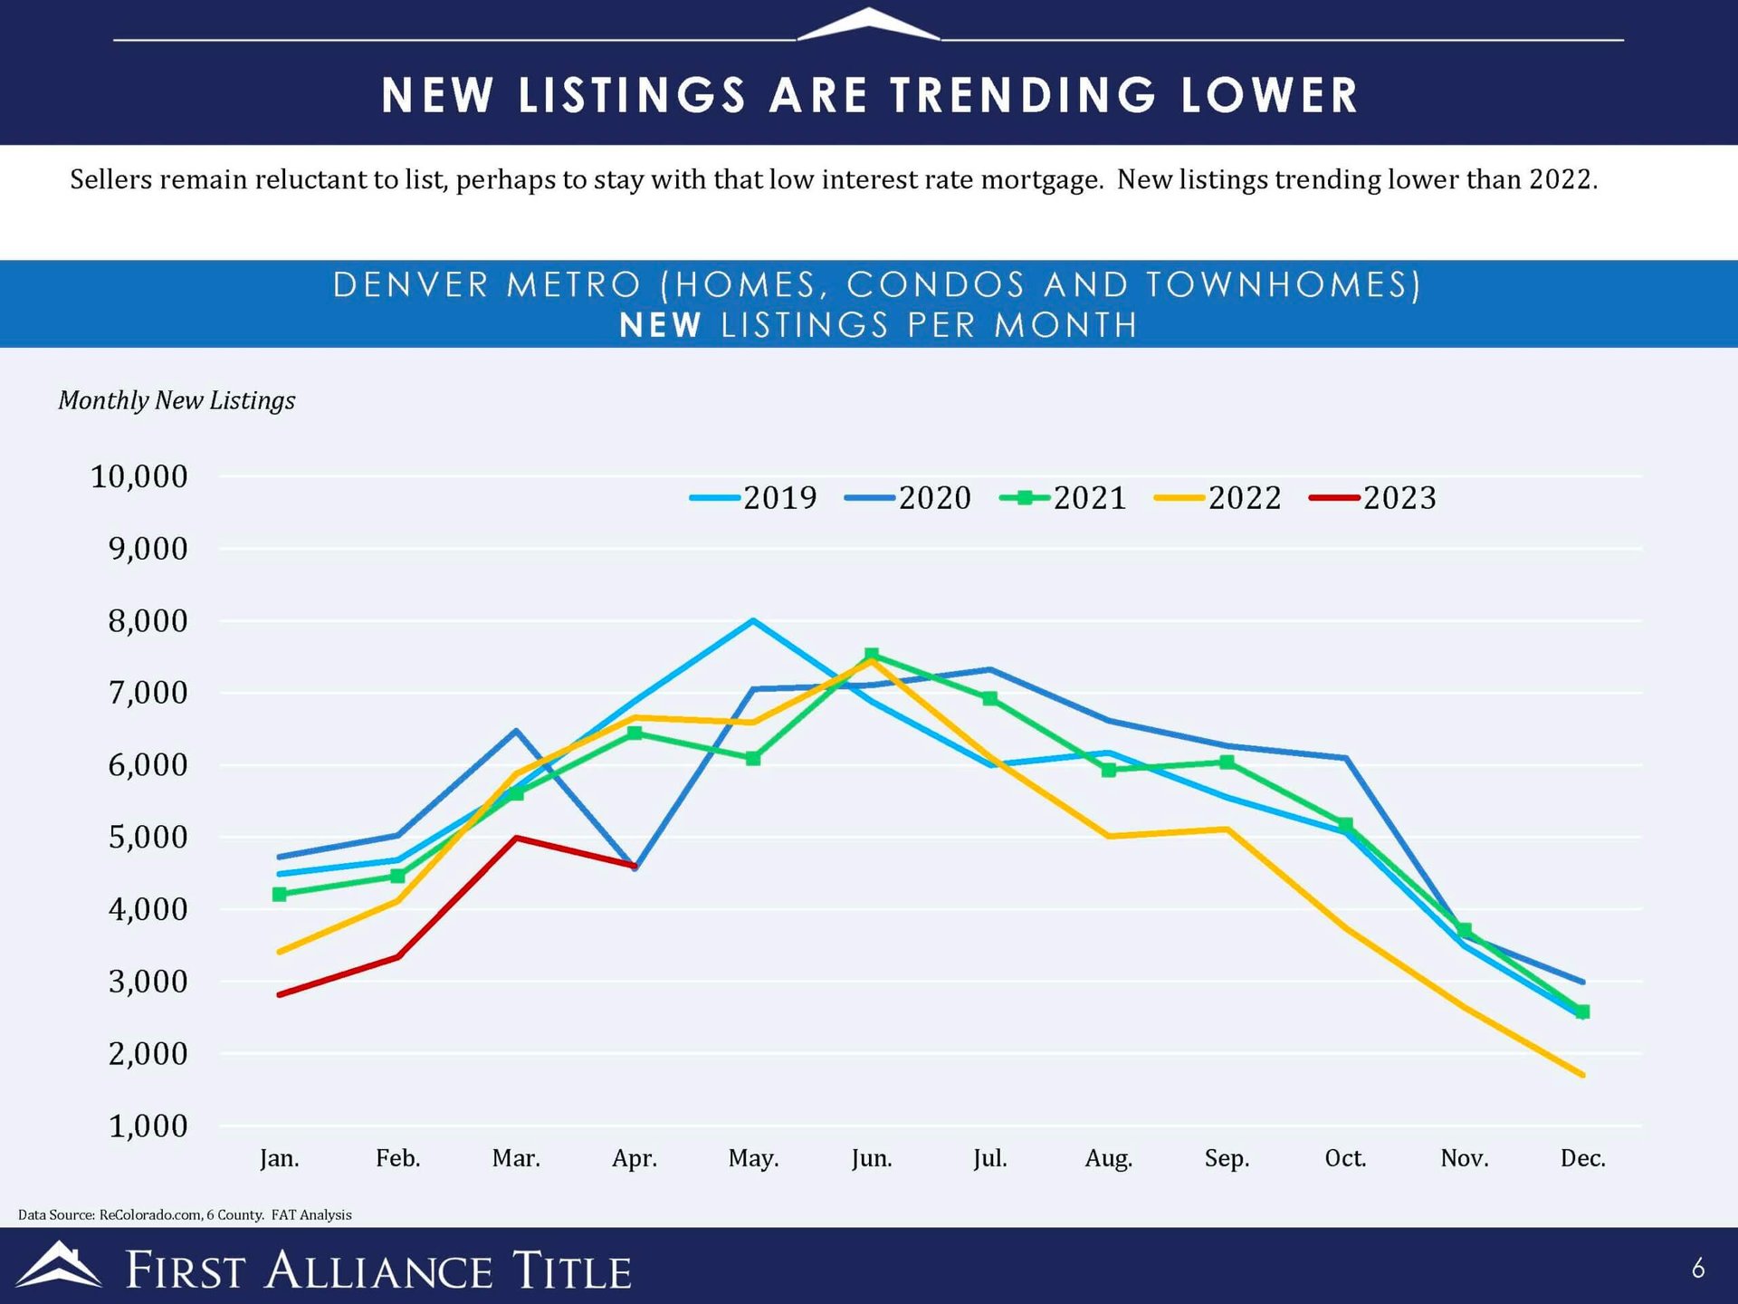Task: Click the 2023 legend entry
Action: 1373,498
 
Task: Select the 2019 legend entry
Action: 753,498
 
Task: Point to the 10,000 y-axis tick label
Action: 139,476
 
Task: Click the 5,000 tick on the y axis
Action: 148,837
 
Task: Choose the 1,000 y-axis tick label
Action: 148,1126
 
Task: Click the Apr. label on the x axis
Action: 635,1158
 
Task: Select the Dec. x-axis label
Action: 1583,1158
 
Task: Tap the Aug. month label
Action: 1109,1158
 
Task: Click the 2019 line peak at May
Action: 753,620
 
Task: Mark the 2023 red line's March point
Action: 516,838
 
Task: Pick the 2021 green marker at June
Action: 872,655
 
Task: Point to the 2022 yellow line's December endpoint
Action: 1582,1075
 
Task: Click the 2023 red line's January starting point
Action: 280,994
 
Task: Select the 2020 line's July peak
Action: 990,670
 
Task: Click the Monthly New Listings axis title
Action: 177,400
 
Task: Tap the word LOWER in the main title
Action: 1269,95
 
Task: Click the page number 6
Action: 1698,1269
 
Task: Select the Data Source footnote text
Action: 185,1214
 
